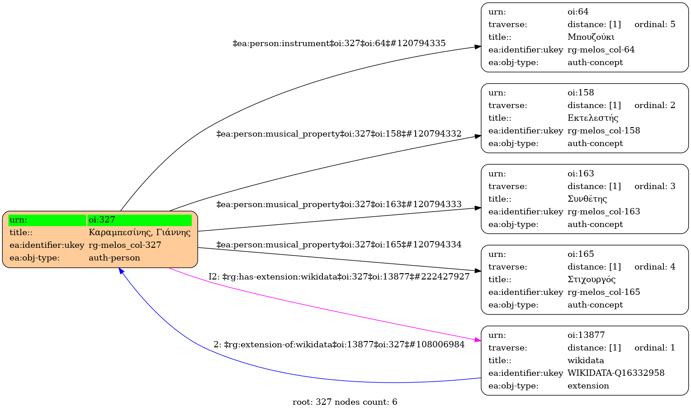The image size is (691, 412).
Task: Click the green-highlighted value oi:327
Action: coord(102,220)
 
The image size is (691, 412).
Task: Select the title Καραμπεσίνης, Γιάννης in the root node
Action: coord(139,232)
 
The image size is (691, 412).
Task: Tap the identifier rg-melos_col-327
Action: coord(125,245)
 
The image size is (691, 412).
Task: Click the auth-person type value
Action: coord(114,258)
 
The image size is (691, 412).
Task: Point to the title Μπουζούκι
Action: coord(591,37)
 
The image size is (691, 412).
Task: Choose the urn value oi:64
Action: coord(578,12)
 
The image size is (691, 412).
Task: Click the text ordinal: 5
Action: coord(654,24)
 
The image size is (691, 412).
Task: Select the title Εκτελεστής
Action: coord(592,118)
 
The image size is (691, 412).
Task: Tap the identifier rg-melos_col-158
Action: coord(604,131)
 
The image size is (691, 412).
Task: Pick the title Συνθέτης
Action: coord(587,199)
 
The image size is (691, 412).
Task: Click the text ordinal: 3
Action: coord(654,186)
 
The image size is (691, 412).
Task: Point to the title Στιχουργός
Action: coord(591,279)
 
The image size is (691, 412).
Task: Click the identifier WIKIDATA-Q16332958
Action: coord(616,373)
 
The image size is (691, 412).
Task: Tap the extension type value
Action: coord(588,386)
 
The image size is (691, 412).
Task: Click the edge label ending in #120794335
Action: coord(339,43)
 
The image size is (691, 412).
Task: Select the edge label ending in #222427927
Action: coord(339,277)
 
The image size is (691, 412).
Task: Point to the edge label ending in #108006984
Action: coord(339,345)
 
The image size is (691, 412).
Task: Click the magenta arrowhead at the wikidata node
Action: coord(478,340)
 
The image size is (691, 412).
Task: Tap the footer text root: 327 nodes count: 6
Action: coord(345,402)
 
